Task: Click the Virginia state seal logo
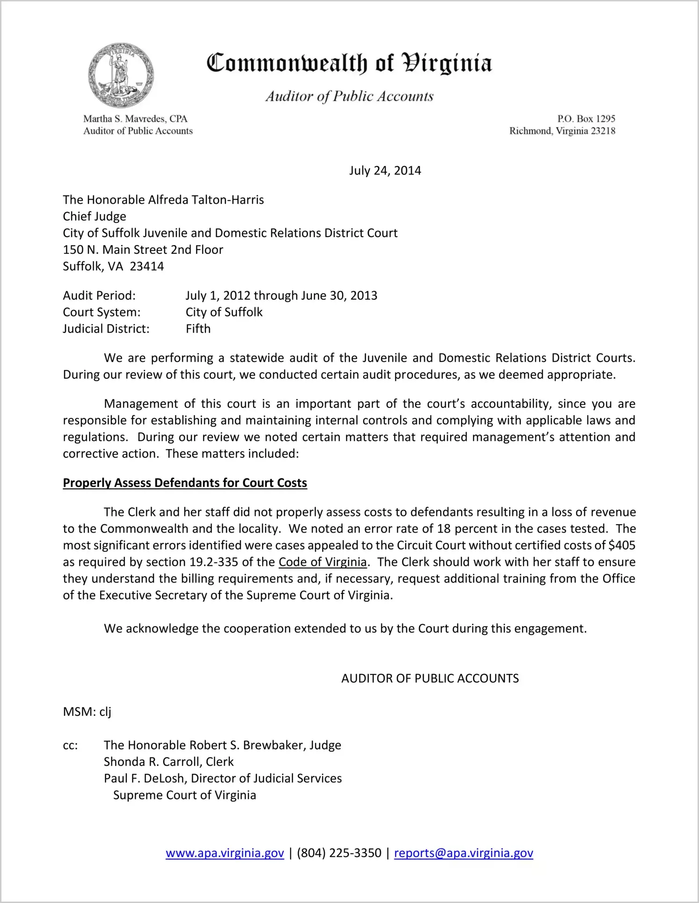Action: (x=121, y=75)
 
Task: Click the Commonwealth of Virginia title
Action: (x=349, y=63)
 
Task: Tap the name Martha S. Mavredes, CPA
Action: (x=135, y=119)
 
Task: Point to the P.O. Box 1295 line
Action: (x=586, y=119)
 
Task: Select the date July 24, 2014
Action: (x=385, y=171)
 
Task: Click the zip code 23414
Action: (x=147, y=267)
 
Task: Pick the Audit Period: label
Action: (x=99, y=296)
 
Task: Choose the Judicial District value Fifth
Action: (x=198, y=329)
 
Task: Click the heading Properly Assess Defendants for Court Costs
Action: (x=185, y=483)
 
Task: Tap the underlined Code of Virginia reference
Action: (x=322, y=562)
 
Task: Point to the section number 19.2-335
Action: (x=217, y=562)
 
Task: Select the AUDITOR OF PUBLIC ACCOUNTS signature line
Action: (x=430, y=679)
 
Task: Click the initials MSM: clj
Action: (x=87, y=712)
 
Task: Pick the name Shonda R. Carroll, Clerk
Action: (x=168, y=762)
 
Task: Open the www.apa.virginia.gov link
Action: (x=225, y=853)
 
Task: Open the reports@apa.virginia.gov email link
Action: (x=463, y=853)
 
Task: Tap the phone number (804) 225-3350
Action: (x=339, y=853)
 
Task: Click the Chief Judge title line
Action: (x=95, y=217)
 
